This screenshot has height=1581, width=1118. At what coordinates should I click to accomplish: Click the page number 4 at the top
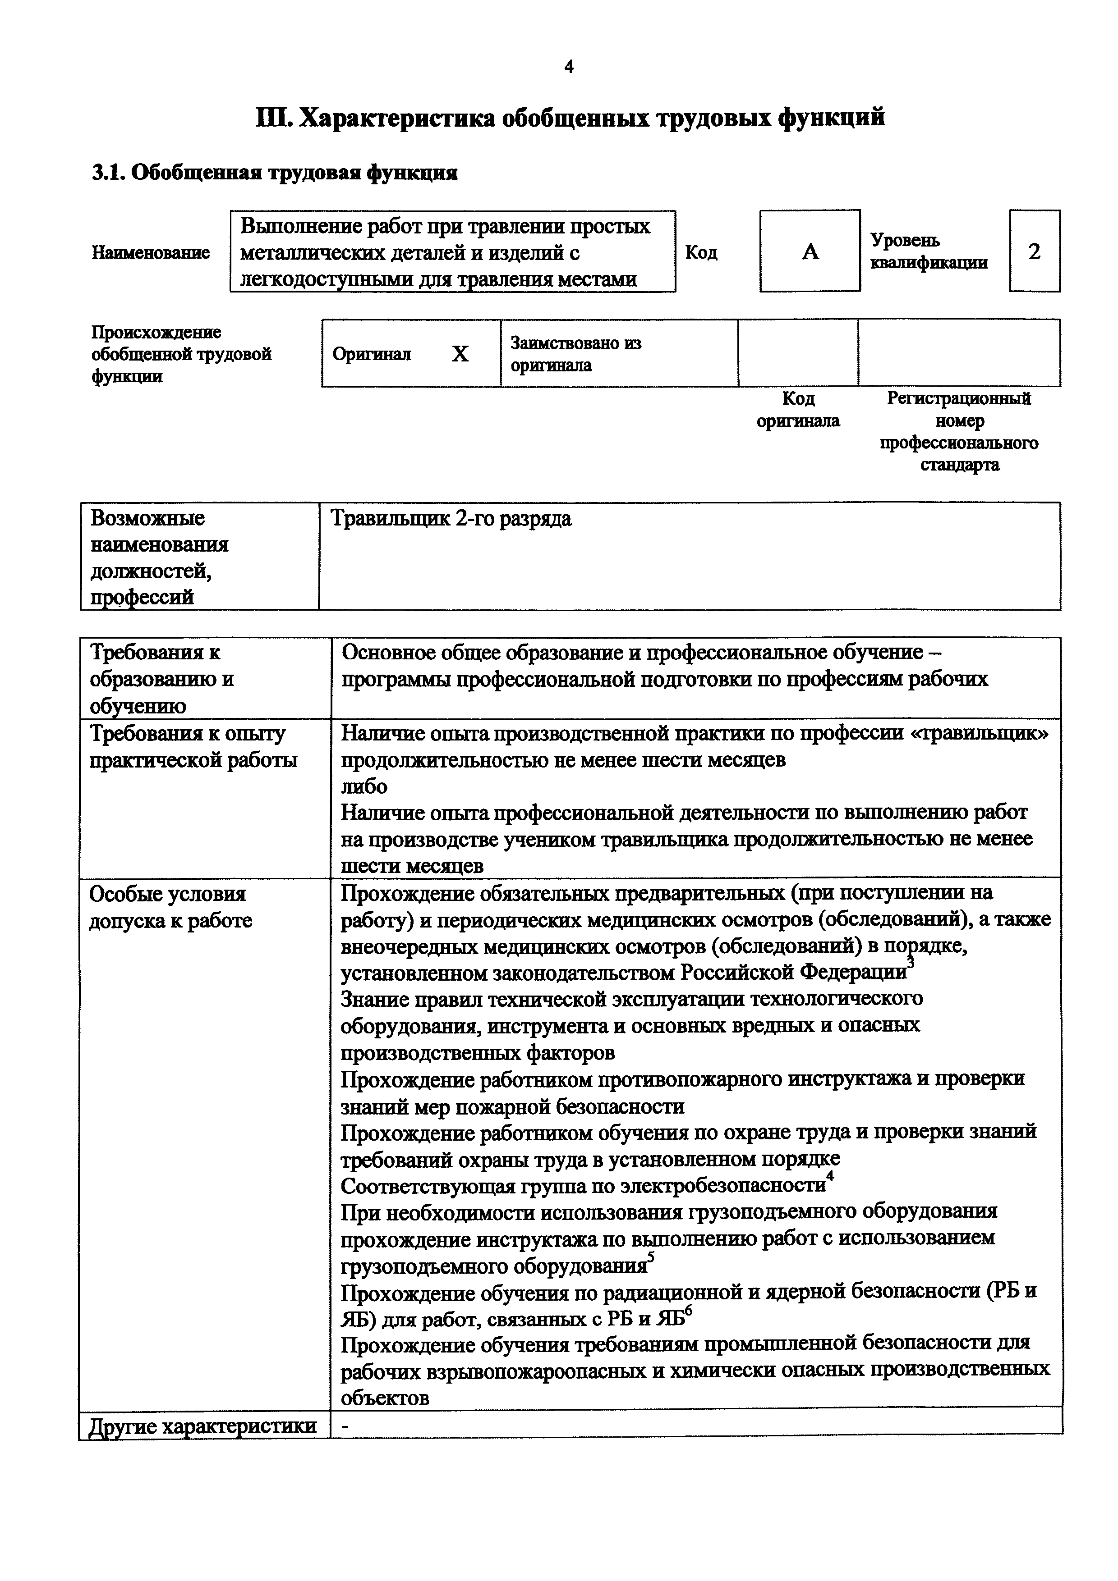point(568,67)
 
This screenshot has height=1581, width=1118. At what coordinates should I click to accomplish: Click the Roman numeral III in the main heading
point(275,118)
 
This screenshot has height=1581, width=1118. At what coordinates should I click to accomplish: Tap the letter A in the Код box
point(810,252)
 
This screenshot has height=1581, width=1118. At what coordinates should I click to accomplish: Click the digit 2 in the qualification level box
point(1034,252)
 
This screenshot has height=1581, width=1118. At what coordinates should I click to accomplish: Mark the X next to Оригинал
point(460,354)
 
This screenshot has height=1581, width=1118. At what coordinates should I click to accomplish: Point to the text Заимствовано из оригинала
point(576,354)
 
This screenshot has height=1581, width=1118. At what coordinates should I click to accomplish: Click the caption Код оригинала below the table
point(798,410)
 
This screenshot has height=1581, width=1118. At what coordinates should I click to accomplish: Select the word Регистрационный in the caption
point(959,399)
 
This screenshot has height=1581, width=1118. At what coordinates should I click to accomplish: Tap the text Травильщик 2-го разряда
point(451,518)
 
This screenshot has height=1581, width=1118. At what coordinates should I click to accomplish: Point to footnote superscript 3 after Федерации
point(910,962)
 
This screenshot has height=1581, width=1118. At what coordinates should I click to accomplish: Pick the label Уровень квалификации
point(928,252)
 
